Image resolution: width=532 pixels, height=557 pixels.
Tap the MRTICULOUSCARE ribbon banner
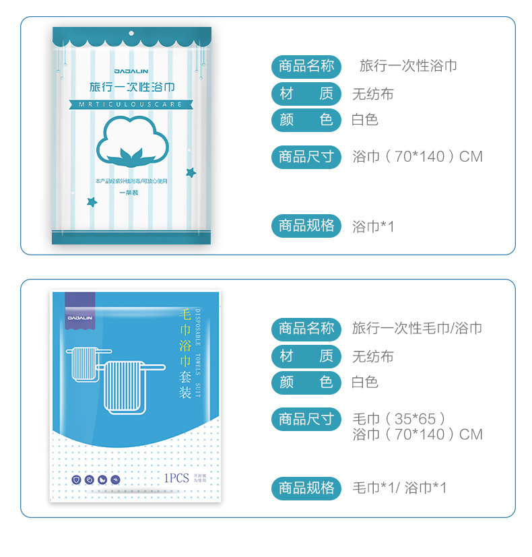(x=132, y=104)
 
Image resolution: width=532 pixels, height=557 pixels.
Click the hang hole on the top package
(x=131, y=34)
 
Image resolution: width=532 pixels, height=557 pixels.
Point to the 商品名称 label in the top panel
(x=306, y=66)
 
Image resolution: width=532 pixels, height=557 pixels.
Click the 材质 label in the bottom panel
(x=306, y=356)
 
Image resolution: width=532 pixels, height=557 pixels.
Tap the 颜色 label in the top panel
(x=306, y=120)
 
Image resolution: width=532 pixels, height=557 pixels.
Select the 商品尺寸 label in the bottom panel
(x=306, y=419)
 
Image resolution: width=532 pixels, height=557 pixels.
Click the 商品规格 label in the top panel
(x=306, y=226)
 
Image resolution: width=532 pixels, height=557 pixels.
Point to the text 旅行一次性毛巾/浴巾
(x=417, y=329)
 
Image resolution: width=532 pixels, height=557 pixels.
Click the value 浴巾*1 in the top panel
(x=373, y=226)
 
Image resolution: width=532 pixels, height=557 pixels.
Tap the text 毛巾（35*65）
(x=399, y=419)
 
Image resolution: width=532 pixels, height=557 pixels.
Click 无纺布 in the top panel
(x=372, y=94)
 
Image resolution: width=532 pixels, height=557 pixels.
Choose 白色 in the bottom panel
(x=365, y=383)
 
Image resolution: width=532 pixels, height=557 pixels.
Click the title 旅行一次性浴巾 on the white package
(x=132, y=87)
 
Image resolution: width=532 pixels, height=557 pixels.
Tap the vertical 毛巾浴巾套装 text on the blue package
(x=185, y=354)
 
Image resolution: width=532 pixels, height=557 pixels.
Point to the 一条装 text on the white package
(x=129, y=193)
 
